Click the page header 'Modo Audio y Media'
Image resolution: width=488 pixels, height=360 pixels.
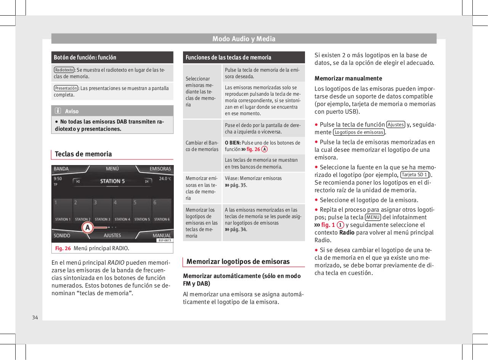[244, 39]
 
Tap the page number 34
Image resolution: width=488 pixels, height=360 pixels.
[35, 318]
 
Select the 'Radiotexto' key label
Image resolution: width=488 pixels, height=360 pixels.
[64, 70]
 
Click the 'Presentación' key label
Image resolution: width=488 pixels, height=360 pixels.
[66, 88]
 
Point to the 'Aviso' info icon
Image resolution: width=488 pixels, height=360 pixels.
[58, 111]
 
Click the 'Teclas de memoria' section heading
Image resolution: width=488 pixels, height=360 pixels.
[83, 154]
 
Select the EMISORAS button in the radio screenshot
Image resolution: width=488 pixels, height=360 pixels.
[160, 169]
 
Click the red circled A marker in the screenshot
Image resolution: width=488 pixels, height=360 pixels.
[88, 228]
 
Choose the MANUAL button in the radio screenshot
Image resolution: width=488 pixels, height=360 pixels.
[162, 236]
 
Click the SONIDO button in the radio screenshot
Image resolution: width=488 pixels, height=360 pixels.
[62, 236]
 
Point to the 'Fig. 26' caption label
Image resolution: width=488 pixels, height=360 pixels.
[63, 249]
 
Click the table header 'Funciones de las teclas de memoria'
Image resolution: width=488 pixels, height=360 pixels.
[228, 58]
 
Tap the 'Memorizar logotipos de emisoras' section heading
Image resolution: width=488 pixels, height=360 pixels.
[238, 262]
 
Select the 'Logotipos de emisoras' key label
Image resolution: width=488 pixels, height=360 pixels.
[359, 132]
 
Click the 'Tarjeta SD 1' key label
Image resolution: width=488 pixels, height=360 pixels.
[415, 175]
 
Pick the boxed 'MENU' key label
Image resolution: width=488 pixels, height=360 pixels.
[372, 217]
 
